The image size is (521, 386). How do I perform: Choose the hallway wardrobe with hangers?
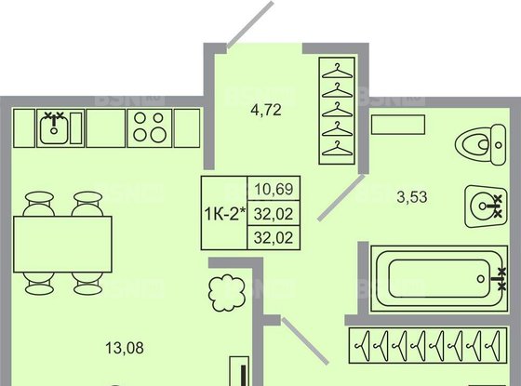[x=339, y=110]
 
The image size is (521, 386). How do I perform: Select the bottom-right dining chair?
[x=87, y=280]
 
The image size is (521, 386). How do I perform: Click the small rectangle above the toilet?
[x=397, y=124]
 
